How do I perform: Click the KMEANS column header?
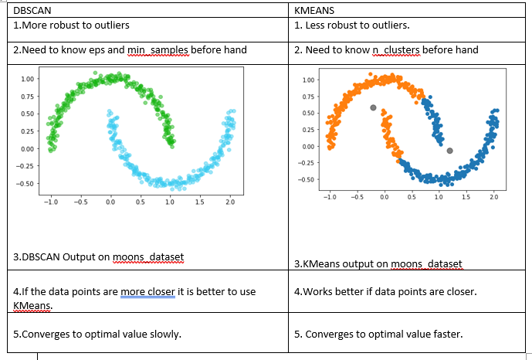click(315, 12)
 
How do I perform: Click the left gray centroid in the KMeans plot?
click(374, 108)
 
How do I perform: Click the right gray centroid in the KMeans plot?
click(450, 151)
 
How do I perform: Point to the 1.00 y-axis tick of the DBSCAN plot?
click(27, 79)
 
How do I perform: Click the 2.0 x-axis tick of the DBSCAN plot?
click(230, 202)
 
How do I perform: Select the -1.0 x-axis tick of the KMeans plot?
click(329, 196)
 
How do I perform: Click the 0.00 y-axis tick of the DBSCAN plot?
click(27, 148)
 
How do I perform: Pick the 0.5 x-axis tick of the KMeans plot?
click(412, 196)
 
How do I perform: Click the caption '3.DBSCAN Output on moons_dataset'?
click(99, 256)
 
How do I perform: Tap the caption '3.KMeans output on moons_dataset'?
click(378, 264)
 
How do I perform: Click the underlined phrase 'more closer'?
click(147, 292)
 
